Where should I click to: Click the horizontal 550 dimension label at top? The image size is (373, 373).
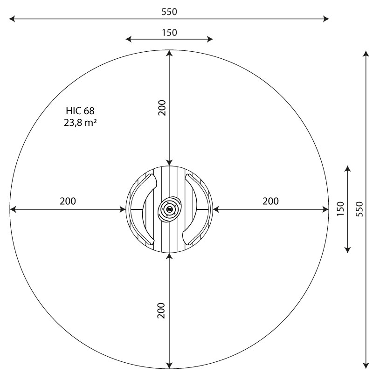169,12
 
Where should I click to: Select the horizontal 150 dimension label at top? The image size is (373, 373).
169,33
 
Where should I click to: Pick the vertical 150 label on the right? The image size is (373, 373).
340,208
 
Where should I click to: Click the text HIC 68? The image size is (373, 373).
80,111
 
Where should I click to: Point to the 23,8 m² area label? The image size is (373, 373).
80,123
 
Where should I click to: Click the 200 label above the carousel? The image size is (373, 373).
162,108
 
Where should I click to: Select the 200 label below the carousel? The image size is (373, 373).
161,311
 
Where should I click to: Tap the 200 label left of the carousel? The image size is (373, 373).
68,201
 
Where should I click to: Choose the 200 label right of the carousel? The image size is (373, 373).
271,201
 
